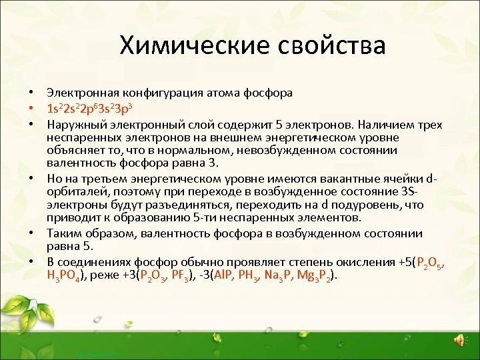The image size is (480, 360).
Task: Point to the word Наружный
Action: pos(73,124)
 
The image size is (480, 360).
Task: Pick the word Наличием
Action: pos(385,124)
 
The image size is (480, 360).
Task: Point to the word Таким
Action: pos(62,233)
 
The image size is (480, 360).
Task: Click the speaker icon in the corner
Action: pos(460,341)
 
